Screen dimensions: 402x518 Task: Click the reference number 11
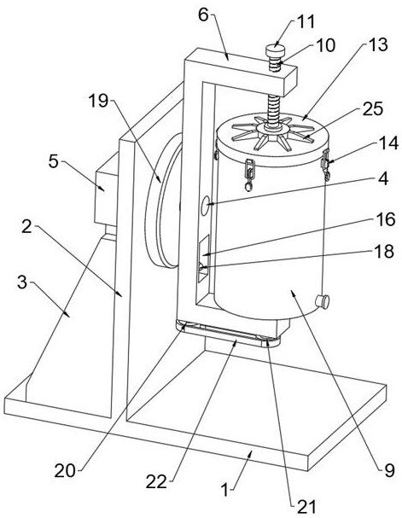306,22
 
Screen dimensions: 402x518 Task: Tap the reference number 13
377,44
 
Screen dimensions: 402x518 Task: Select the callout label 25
373,109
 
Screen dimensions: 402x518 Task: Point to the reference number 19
98,100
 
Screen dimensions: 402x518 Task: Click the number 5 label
54,162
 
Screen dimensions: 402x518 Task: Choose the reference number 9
389,470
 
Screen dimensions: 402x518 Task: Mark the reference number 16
386,219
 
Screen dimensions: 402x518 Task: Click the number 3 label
22,282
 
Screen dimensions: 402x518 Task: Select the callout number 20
65,470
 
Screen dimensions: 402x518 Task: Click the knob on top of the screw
275,51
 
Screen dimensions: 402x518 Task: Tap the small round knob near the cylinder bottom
323,301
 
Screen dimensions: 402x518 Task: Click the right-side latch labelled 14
326,165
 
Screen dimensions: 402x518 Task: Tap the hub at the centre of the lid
272,127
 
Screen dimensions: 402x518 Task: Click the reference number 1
225,490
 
